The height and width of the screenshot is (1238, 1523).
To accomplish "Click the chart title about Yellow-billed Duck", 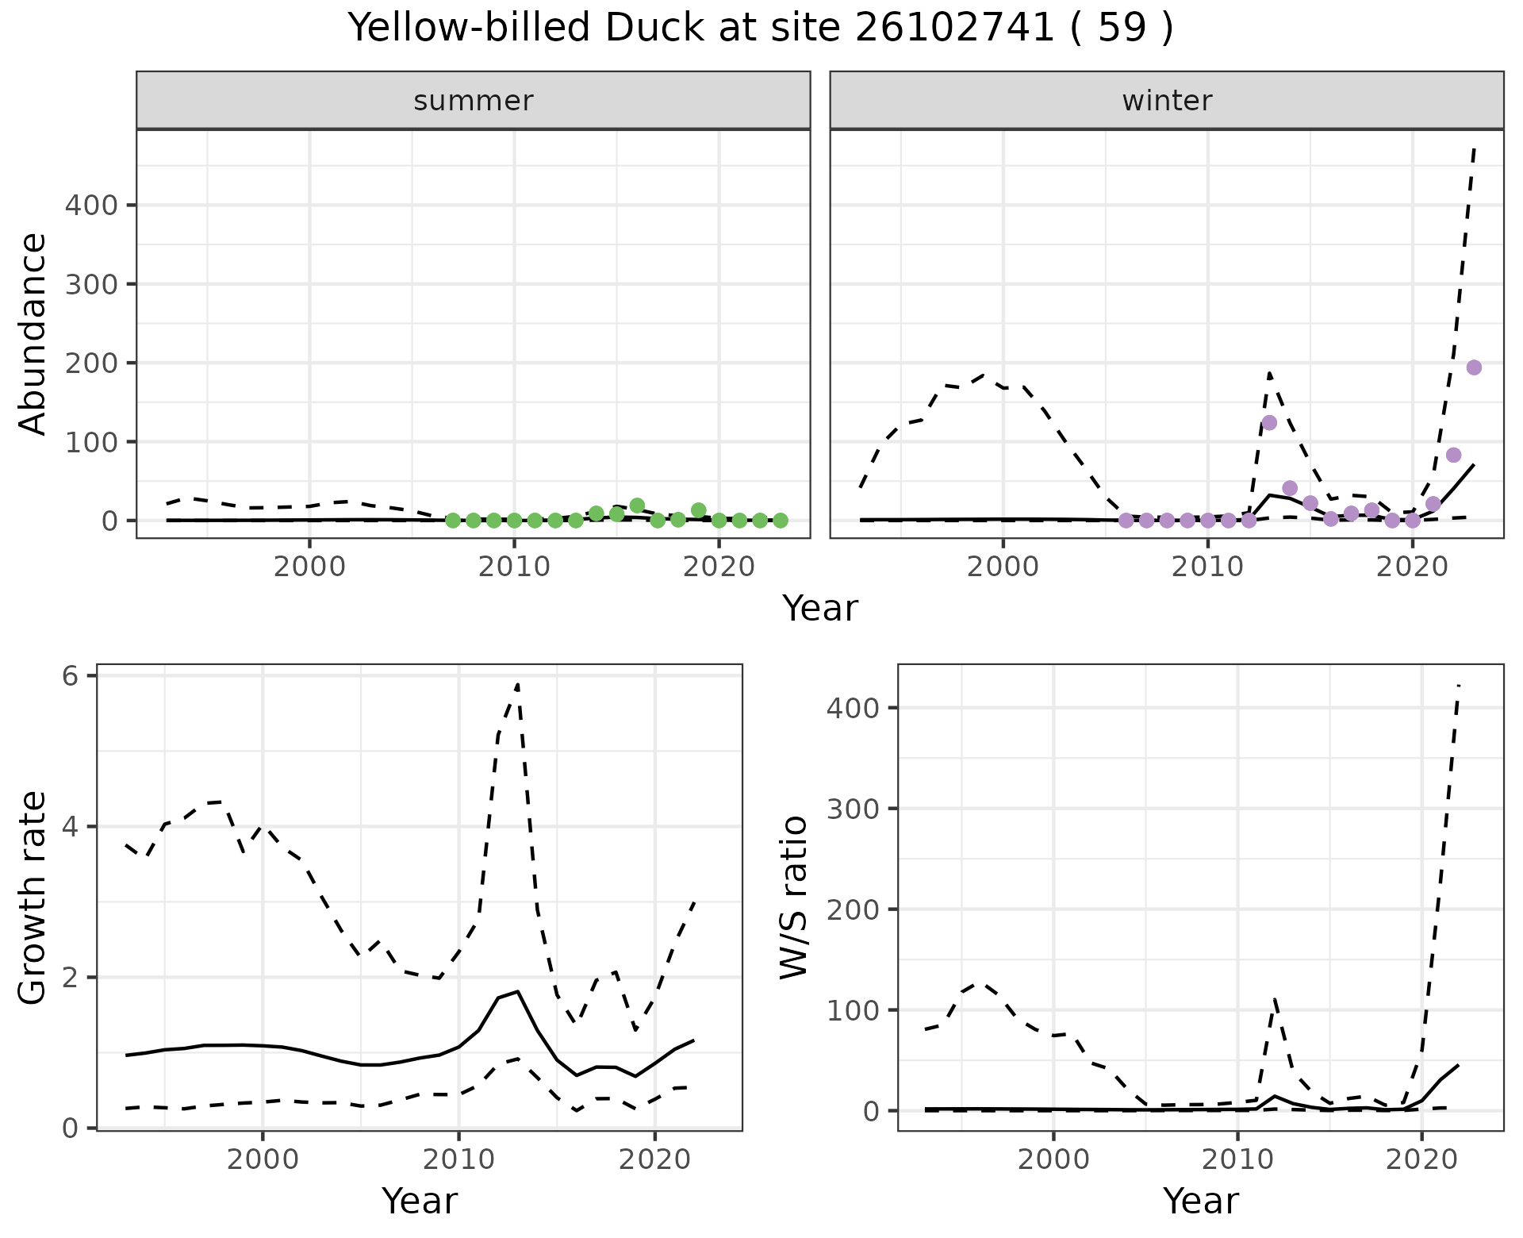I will tap(760, 29).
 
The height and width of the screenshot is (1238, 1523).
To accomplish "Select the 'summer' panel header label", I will tap(474, 101).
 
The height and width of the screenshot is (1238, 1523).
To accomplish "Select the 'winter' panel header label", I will tap(1167, 101).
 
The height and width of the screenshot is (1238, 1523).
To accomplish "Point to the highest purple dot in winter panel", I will tap(1474, 367).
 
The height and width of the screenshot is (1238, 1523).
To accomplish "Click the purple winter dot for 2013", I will tap(1269, 422).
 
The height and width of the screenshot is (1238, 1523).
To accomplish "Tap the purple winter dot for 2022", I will tap(1453, 455).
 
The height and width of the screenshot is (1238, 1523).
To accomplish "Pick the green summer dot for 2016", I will tap(637, 506).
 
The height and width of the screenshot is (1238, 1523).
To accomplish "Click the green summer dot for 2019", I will tap(698, 510).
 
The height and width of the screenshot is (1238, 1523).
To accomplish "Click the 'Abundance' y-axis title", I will tap(33, 333).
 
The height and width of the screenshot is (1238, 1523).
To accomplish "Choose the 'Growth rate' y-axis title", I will tap(33, 898).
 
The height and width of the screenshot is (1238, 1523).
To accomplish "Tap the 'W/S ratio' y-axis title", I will tap(794, 898).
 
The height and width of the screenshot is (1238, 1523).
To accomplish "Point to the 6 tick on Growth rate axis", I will tap(71, 676).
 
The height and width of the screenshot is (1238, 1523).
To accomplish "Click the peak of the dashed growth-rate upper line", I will tap(517, 684).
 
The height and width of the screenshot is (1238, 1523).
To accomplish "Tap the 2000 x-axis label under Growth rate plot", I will tap(263, 1159).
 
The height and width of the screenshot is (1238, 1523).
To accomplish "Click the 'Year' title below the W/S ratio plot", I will tap(1200, 1201).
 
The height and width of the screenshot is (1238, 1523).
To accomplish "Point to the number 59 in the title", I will tap(1122, 29).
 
